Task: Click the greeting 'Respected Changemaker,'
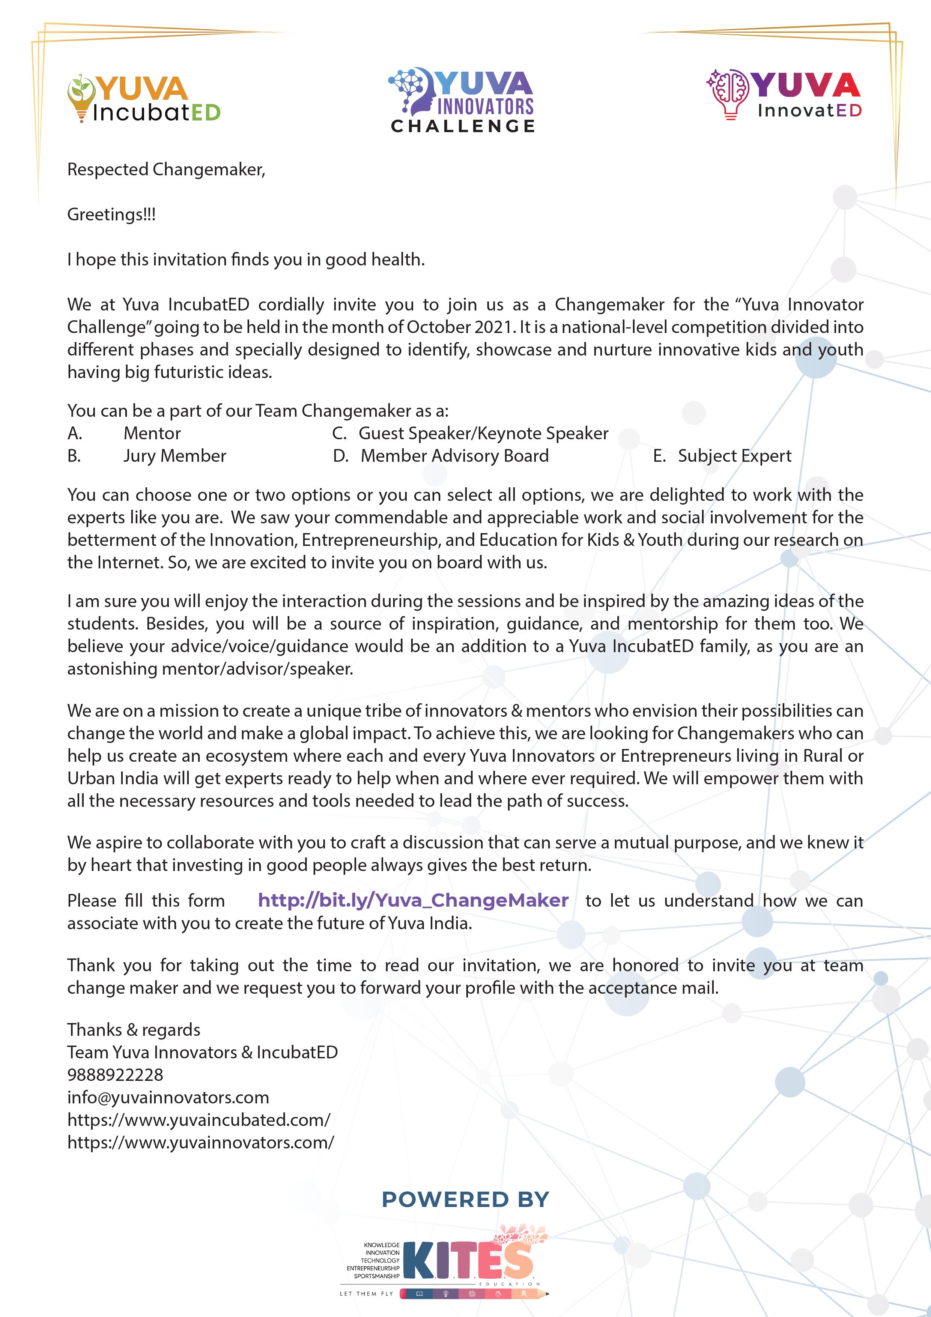166,170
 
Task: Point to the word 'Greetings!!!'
111,214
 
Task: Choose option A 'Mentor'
152,434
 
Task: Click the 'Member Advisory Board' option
454,456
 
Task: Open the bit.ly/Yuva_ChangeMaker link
413,901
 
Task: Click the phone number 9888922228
115,1075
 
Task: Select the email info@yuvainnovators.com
168,1097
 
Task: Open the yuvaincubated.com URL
199,1120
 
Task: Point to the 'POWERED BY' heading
465,1199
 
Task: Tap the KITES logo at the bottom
467,1261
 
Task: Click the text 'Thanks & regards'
134,1030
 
